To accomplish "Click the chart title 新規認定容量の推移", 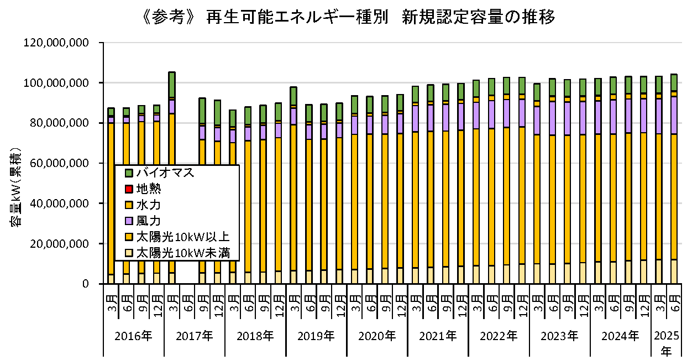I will [x=479, y=18].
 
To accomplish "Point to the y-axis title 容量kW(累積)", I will [x=16, y=187].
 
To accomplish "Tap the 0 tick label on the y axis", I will [x=85, y=284].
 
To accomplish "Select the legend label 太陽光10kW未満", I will [x=182, y=254].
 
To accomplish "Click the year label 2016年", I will [x=133, y=336].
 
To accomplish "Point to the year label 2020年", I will [x=377, y=336].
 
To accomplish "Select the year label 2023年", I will [x=560, y=336].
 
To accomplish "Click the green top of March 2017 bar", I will [x=172, y=84].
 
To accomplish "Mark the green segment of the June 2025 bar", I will [x=674, y=82].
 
